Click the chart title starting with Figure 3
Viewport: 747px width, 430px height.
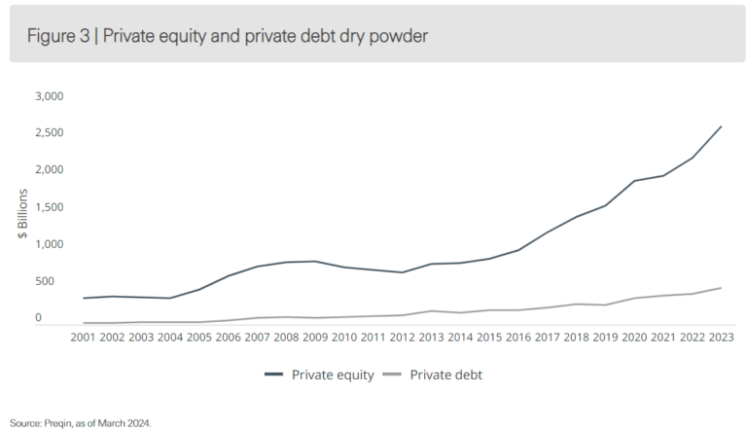click(x=228, y=37)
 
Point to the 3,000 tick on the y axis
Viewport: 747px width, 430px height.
click(x=49, y=96)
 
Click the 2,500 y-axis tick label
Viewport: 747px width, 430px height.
click(x=49, y=133)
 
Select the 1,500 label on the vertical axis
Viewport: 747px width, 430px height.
click(x=49, y=207)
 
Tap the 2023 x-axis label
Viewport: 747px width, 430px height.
click(x=721, y=337)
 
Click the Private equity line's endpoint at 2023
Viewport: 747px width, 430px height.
click(x=721, y=126)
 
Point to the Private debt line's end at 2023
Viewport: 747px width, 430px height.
click(x=721, y=288)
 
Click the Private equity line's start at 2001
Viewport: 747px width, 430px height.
click(x=84, y=298)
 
